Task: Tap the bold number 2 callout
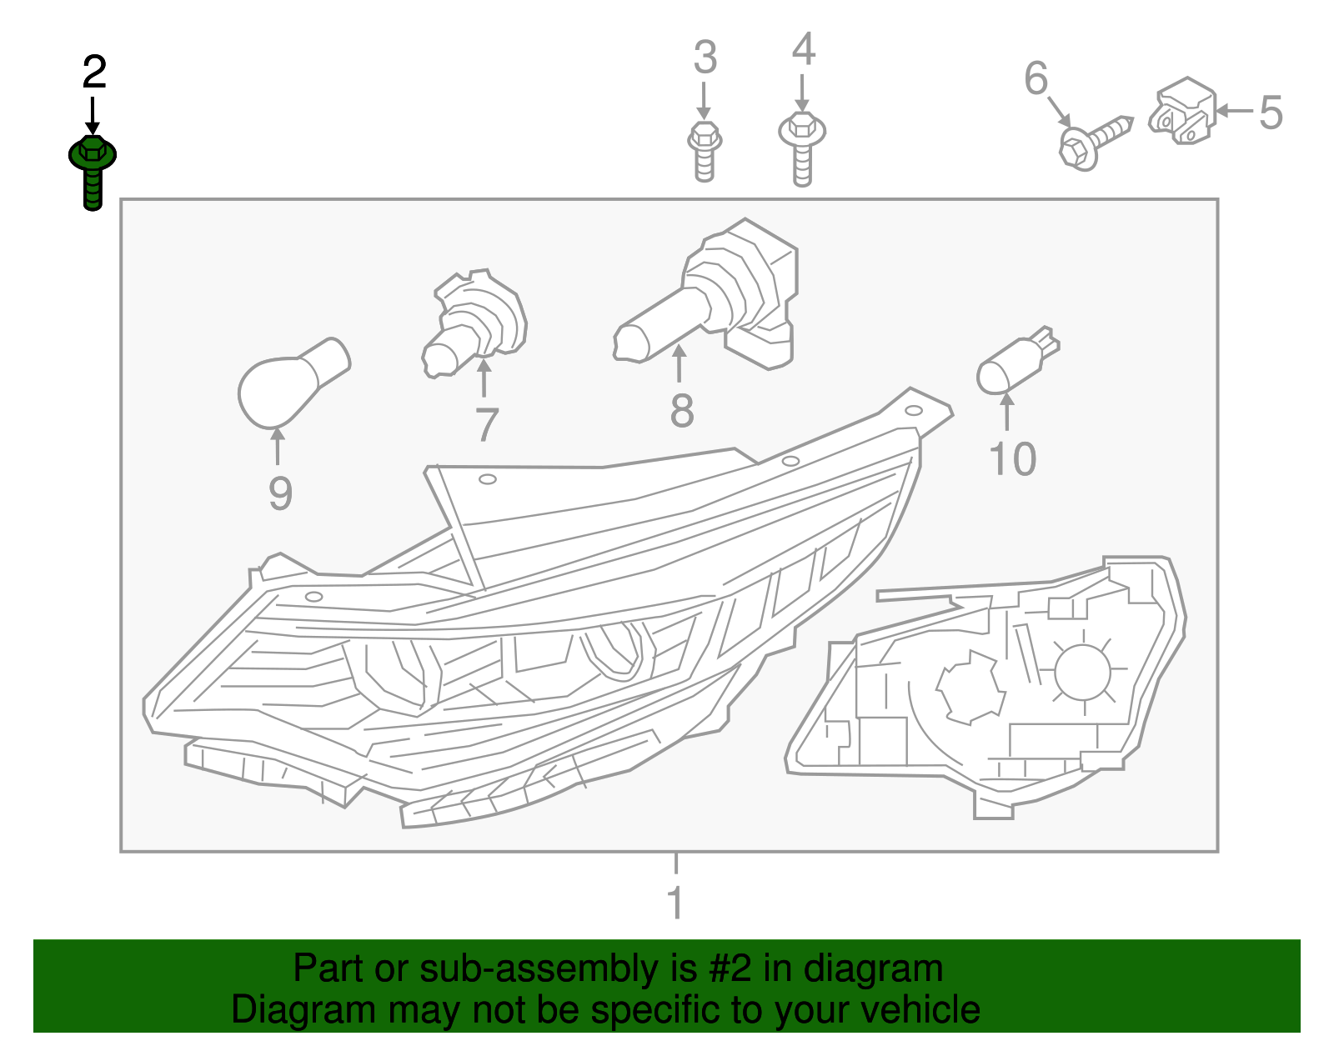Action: click(94, 73)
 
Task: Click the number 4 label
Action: click(803, 49)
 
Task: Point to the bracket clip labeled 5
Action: click(1182, 112)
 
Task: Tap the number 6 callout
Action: click(1036, 78)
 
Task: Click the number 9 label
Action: click(280, 493)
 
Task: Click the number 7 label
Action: click(486, 424)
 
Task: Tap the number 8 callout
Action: click(682, 411)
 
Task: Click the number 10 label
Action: click(1012, 459)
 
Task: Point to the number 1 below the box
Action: click(675, 903)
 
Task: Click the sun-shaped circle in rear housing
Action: click(1083, 672)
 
